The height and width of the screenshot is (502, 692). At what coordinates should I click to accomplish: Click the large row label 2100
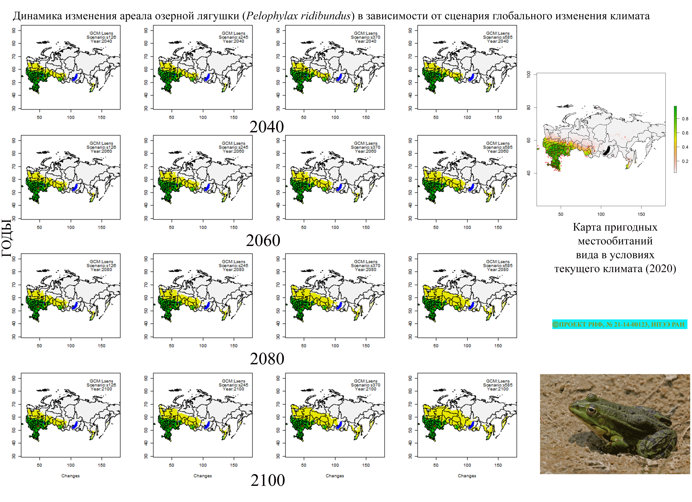(268, 480)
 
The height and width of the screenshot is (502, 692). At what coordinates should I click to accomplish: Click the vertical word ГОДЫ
(7, 238)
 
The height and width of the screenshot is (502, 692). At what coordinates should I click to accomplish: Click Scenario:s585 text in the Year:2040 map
(498, 37)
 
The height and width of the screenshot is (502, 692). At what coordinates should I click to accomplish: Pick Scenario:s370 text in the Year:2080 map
(366, 265)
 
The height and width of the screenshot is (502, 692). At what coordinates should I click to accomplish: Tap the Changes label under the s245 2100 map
(203, 476)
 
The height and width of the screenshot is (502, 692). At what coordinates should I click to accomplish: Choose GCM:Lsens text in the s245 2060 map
(233, 143)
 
